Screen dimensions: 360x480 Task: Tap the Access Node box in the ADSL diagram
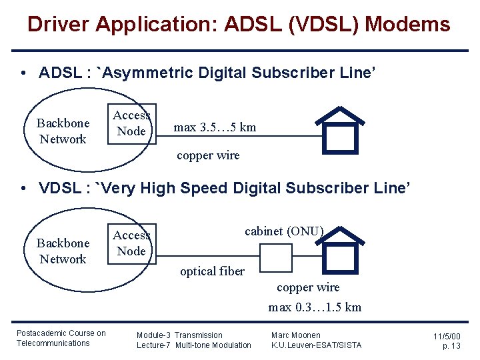(x=131, y=123)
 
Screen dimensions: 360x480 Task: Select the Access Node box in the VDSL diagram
(x=131, y=243)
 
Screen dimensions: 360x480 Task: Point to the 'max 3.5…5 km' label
(x=215, y=127)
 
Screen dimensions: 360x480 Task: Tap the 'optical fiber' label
(x=212, y=271)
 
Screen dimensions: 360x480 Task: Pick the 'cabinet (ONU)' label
(x=284, y=231)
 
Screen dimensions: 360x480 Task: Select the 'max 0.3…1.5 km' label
(x=315, y=307)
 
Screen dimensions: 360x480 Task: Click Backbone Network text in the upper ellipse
(x=63, y=131)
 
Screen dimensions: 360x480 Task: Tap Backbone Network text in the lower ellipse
(x=63, y=251)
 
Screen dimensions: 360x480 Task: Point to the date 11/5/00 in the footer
(x=447, y=337)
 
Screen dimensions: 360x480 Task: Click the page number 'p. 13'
(x=451, y=346)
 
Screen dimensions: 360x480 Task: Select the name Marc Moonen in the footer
(x=295, y=335)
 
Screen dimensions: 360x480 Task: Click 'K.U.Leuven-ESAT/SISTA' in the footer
(x=316, y=345)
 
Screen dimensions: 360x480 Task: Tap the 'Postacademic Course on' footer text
(x=61, y=333)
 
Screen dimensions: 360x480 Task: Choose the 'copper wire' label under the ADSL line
(x=208, y=155)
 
